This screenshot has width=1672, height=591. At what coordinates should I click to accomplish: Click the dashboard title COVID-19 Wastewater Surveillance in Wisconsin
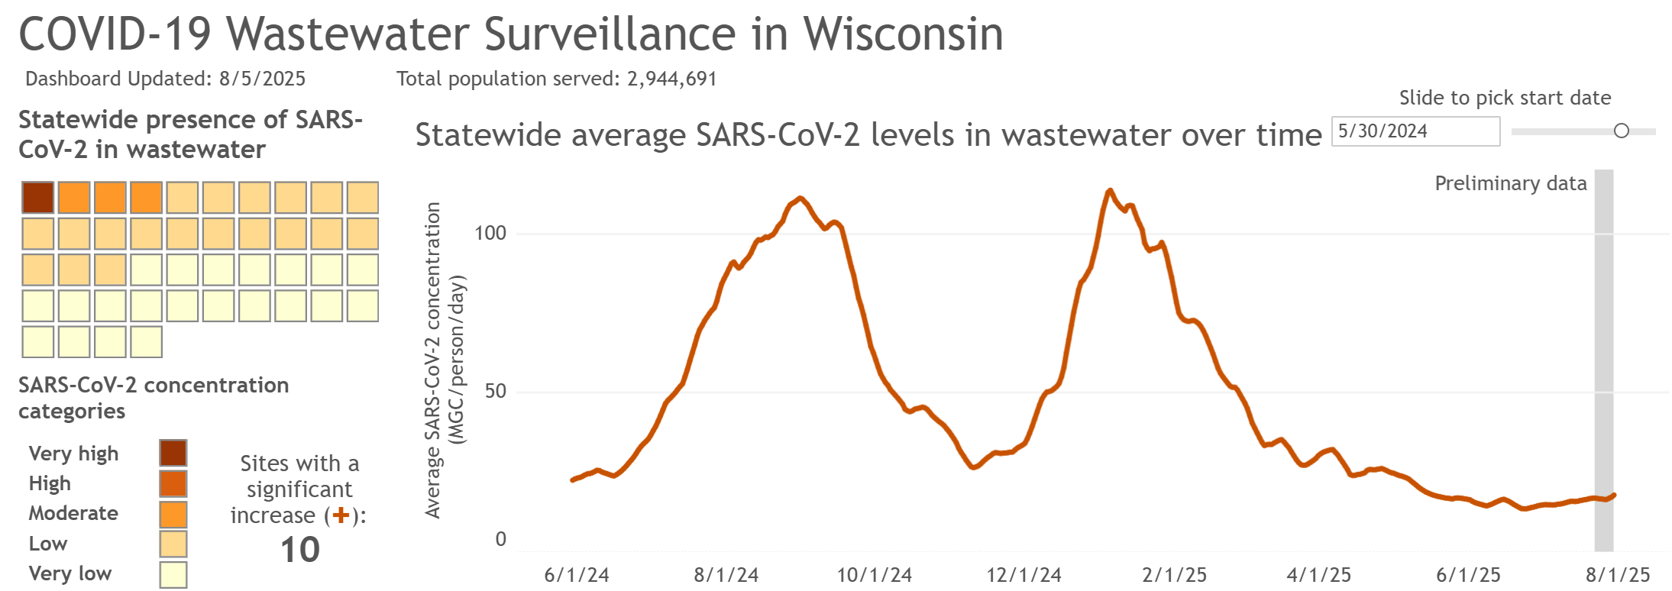pos(510,34)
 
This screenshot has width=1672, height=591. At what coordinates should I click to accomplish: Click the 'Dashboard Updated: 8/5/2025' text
pos(165,79)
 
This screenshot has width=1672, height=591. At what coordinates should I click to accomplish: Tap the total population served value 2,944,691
pos(671,79)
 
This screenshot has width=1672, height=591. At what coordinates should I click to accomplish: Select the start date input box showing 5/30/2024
pos(1415,131)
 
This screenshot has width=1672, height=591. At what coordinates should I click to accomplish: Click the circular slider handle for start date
pos(1621,131)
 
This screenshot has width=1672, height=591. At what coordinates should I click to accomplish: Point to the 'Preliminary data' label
pos(1510,183)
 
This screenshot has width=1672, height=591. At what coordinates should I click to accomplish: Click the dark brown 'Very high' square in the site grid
pos(38,198)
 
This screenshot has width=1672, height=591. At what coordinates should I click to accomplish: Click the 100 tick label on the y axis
pos(490,233)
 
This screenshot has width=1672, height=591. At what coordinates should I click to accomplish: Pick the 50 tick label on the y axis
pos(495,391)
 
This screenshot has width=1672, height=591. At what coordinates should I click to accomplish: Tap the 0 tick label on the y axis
pos(500,539)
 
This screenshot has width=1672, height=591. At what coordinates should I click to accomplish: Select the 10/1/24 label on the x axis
pos(875,575)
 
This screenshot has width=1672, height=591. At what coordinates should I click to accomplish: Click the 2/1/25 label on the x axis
pos(1174,575)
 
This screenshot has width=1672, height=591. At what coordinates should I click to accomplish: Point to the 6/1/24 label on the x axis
pos(577,575)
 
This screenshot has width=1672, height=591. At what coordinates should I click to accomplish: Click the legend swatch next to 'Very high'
pos(173,453)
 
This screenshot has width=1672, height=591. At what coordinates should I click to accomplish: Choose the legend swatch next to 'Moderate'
pos(173,514)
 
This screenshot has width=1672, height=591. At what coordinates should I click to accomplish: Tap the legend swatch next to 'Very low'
pos(173,574)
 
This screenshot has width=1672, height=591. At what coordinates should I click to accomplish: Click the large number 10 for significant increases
pos(299,550)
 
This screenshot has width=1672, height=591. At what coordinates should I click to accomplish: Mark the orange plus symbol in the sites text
pos(341,515)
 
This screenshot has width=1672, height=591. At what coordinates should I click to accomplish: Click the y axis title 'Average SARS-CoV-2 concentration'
pos(433,360)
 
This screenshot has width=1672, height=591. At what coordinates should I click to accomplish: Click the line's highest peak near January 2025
pos(1109,191)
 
